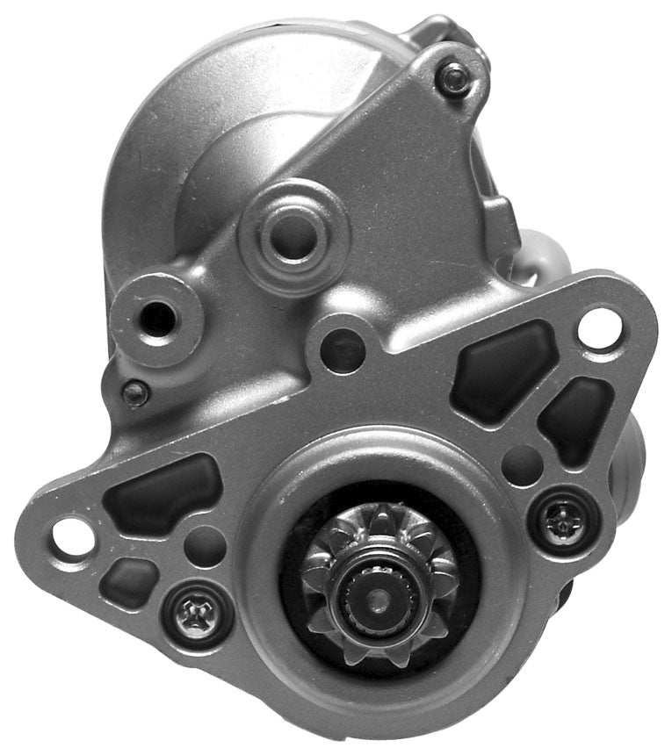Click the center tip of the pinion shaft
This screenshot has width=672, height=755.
379,600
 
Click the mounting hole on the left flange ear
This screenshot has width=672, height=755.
73,536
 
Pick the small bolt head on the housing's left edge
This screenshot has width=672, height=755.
134,393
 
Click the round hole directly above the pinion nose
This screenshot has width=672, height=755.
342,350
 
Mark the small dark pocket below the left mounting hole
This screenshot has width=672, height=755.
129,582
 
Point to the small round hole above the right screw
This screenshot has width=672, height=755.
522,464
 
